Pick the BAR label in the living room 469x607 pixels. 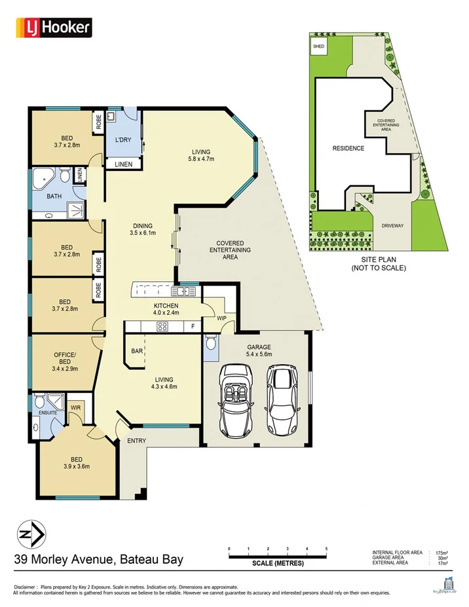(137, 352)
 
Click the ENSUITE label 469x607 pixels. (47, 413)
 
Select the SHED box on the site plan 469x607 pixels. (319, 47)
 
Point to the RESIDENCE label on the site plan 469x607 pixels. (348, 149)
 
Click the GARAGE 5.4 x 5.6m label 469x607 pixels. (259, 350)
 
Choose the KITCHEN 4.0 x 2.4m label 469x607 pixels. (166, 309)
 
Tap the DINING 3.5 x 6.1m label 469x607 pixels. (142, 229)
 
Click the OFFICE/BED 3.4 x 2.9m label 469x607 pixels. (65, 358)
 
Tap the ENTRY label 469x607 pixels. (137, 441)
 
